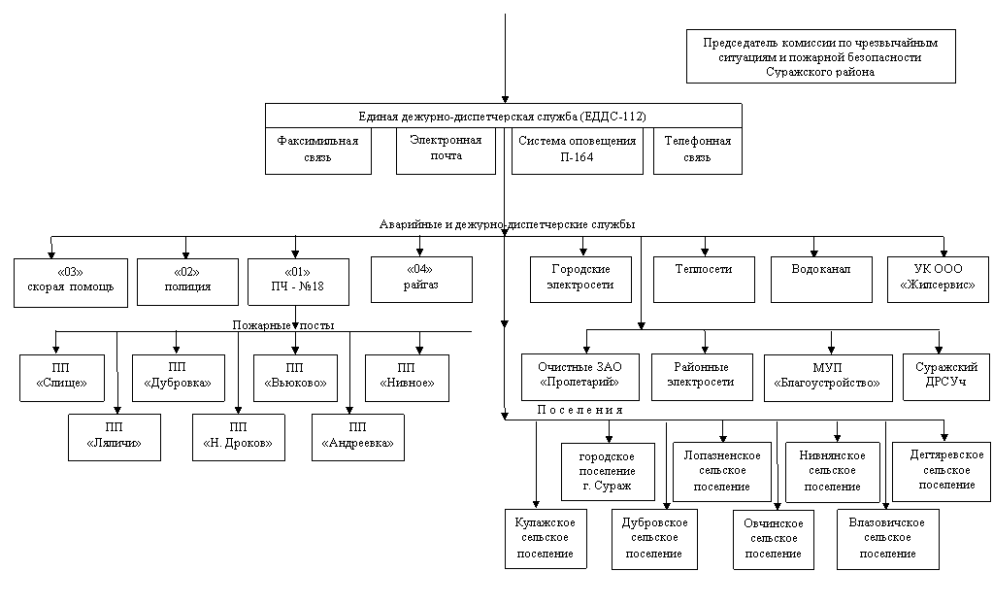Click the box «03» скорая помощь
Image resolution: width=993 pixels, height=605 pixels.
tap(71, 283)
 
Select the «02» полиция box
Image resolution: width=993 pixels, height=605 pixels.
tap(187, 282)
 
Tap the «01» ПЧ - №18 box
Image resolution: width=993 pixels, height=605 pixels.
tap(298, 282)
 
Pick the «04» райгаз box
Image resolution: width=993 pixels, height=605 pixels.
tap(421, 280)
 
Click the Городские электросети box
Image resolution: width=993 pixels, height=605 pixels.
tap(580, 280)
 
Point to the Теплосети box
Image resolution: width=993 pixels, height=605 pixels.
tap(704, 280)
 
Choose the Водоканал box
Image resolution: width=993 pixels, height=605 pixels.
tap(821, 280)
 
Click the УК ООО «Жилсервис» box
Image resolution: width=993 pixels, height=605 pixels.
tap(938, 280)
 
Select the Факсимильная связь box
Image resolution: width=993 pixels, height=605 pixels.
tap(318, 151)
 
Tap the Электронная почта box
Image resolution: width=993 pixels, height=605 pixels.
tap(446, 151)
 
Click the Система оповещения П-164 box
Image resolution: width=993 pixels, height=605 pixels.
tap(577, 151)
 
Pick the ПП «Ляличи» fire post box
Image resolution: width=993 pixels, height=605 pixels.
tap(114, 437)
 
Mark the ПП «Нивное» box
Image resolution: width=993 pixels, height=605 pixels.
tap(408, 378)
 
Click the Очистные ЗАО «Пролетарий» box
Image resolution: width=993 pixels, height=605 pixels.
tap(580, 377)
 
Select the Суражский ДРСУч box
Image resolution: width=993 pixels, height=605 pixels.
tap(946, 377)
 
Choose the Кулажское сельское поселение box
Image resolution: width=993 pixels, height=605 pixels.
tap(546, 539)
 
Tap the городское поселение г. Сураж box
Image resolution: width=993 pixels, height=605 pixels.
tap(608, 472)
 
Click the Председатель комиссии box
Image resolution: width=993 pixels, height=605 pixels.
tap(821, 56)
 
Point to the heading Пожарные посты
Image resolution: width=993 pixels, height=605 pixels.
tap(283, 325)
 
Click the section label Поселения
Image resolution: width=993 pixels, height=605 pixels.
tap(580, 410)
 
